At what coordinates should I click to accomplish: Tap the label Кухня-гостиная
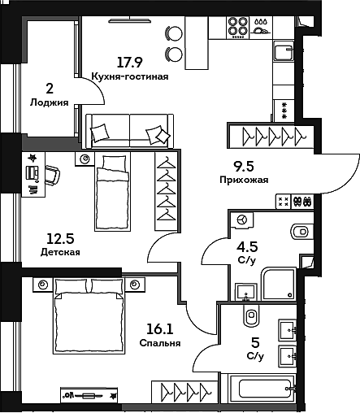[131, 76]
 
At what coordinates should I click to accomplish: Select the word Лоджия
[48, 102]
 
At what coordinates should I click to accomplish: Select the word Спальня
[159, 343]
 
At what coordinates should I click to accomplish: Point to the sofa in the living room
[130, 130]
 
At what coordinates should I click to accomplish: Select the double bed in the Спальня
[89, 313]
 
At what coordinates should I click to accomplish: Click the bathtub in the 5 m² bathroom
[261, 389]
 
